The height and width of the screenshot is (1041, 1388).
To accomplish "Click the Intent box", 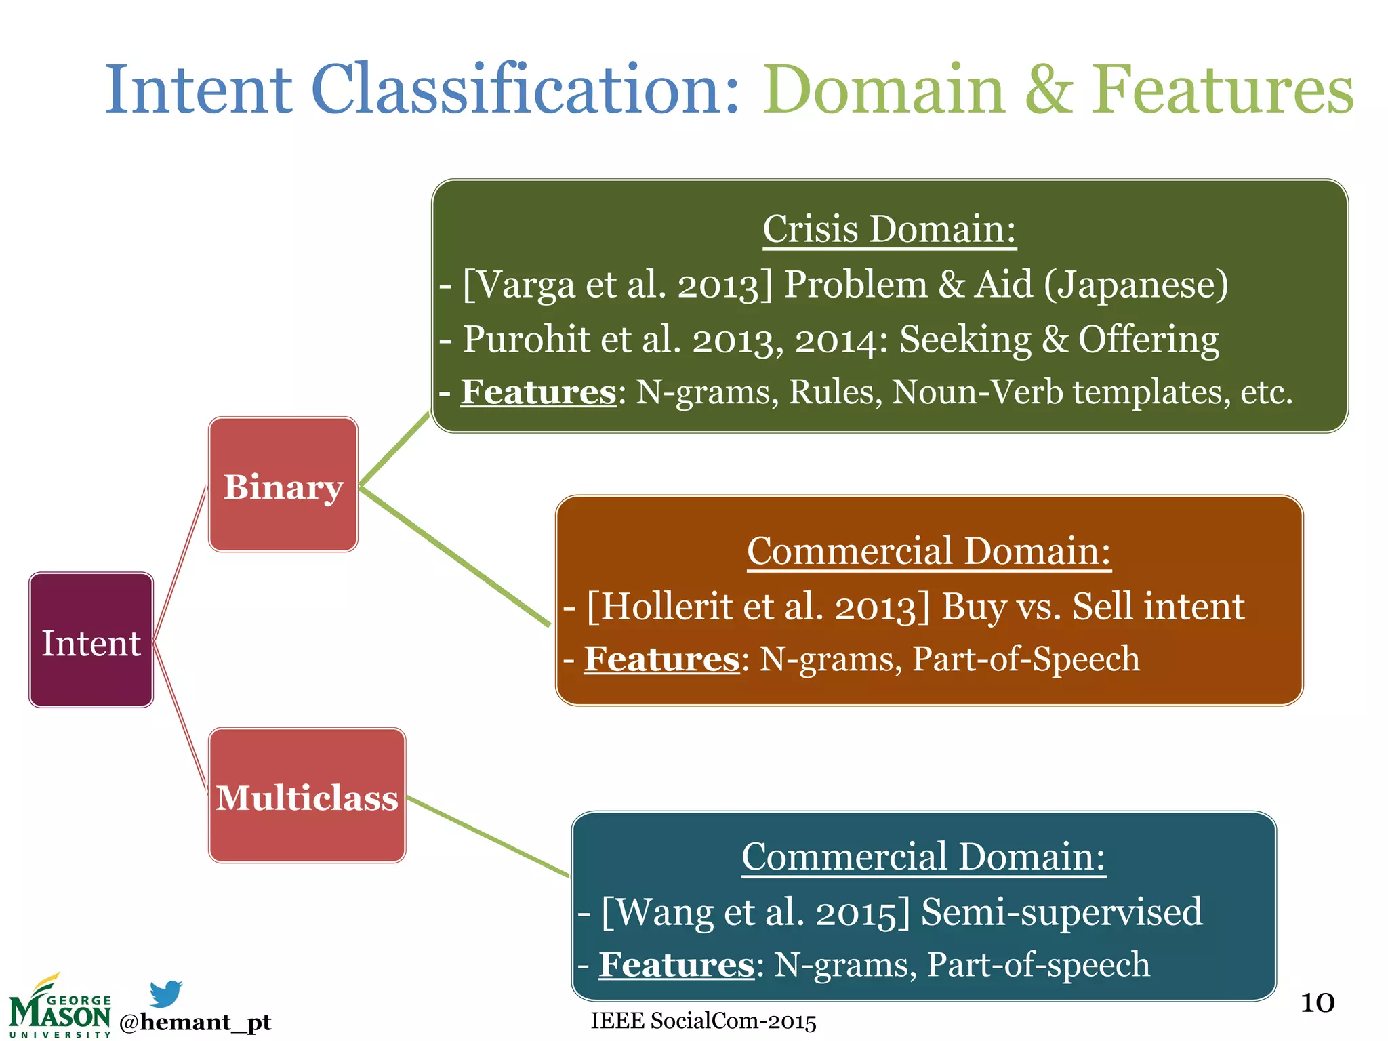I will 91,640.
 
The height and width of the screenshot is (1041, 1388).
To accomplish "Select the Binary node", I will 283,485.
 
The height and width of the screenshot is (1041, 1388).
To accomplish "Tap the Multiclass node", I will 307,795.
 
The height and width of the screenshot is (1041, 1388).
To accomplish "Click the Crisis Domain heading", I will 889,229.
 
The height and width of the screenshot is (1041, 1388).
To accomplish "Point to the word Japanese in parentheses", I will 1136,285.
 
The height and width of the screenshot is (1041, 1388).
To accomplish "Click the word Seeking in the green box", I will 964,340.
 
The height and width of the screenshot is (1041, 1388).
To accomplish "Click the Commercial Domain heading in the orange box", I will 928,551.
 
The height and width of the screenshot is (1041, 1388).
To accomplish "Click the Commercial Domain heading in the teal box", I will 923,857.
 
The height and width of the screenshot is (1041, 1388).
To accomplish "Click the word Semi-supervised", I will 1061,912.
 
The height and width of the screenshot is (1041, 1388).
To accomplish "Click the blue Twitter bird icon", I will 165,993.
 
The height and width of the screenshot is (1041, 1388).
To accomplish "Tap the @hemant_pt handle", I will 195,1022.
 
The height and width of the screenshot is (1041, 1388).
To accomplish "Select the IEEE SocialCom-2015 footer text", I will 703,1021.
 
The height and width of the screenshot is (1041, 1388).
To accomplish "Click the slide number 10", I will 1317,1003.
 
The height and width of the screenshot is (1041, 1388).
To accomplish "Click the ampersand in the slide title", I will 1048,89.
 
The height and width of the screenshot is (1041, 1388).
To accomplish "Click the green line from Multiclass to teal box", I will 488,836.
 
